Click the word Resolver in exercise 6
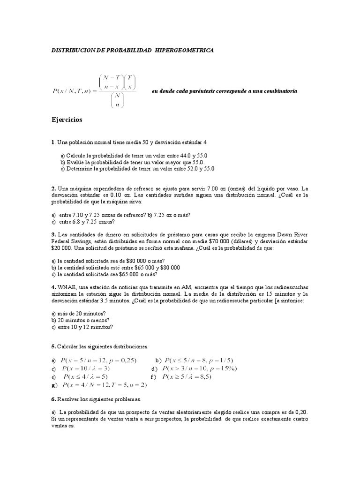coord(71,399)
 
